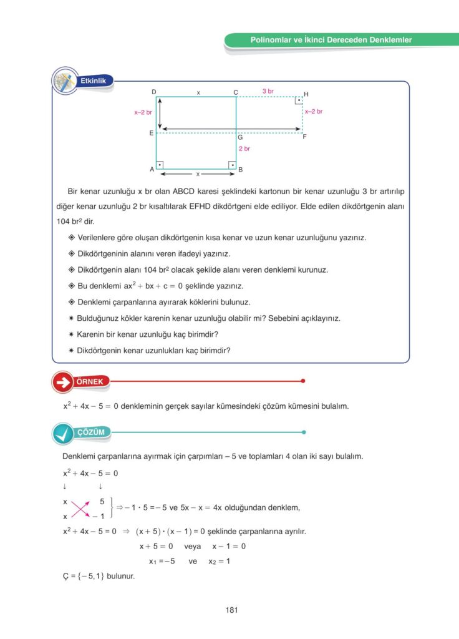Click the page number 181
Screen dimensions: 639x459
coord(232,610)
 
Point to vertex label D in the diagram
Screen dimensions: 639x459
coord(153,92)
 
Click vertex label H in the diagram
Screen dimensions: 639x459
coord(306,94)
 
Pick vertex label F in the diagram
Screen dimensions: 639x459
coord(304,136)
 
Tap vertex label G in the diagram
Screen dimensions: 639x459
coord(240,137)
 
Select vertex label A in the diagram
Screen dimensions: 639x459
coord(152,169)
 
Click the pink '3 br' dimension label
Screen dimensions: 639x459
coord(268,91)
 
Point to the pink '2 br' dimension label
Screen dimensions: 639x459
coord(244,149)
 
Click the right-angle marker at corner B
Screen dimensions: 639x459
coord(232,165)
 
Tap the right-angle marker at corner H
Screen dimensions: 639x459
coord(299,100)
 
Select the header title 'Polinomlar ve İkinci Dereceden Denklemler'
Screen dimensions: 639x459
coord(331,40)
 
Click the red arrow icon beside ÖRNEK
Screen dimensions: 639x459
coord(62,382)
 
